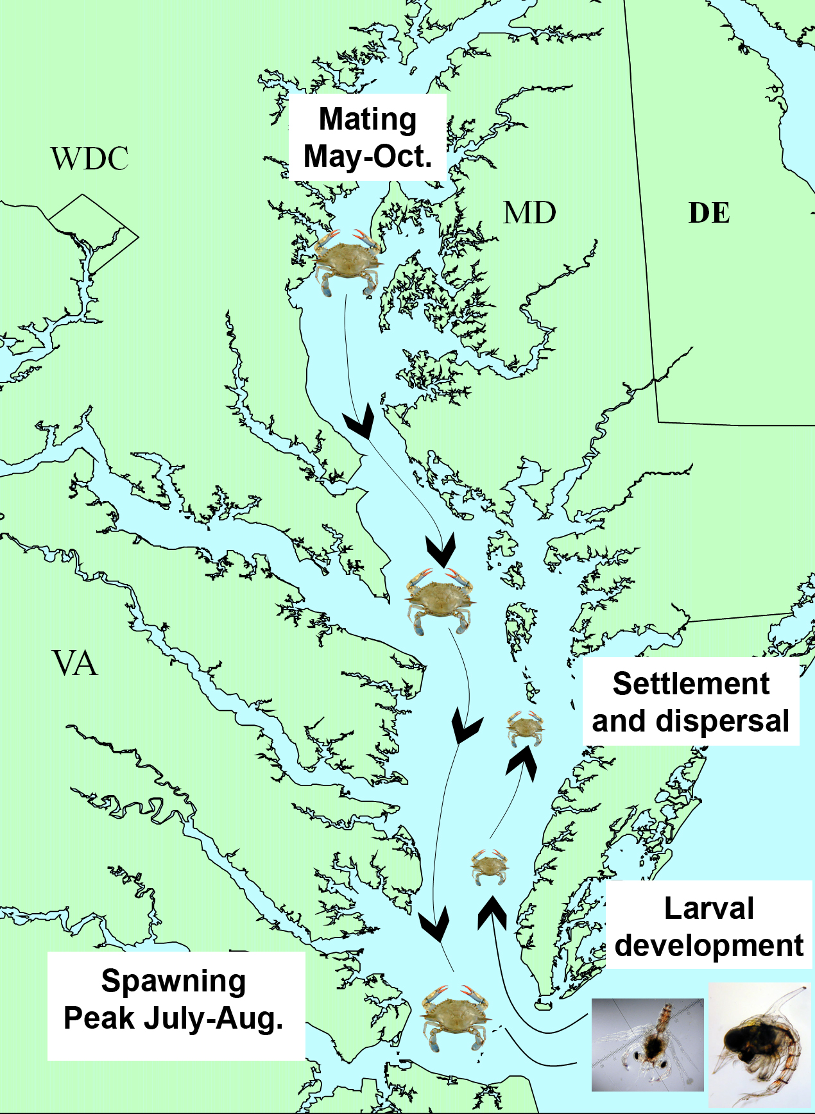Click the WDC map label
(x=90, y=159)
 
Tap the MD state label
(x=529, y=213)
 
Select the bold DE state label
(x=709, y=213)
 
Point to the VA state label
(x=76, y=664)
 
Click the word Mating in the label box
(x=368, y=119)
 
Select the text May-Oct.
(x=368, y=157)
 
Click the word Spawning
(x=174, y=981)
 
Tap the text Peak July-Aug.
(x=174, y=1018)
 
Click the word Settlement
(x=691, y=684)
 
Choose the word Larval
(x=708, y=909)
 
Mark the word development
(x=708, y=946)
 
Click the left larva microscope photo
(x=647, y=1044)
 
